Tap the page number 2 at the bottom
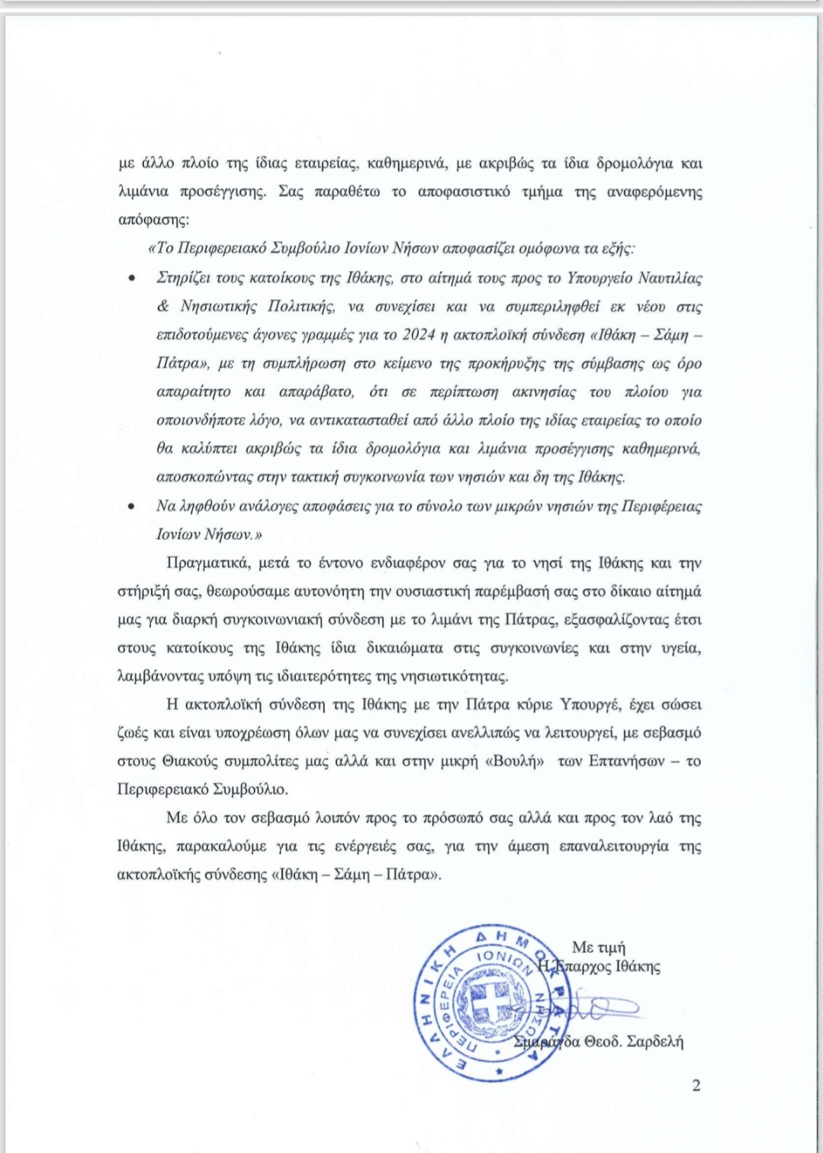point(696,1085)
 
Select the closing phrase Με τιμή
point(599,947)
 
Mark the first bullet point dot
point(132,279)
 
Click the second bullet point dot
point(132,507)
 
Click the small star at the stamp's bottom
point(500,1072)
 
